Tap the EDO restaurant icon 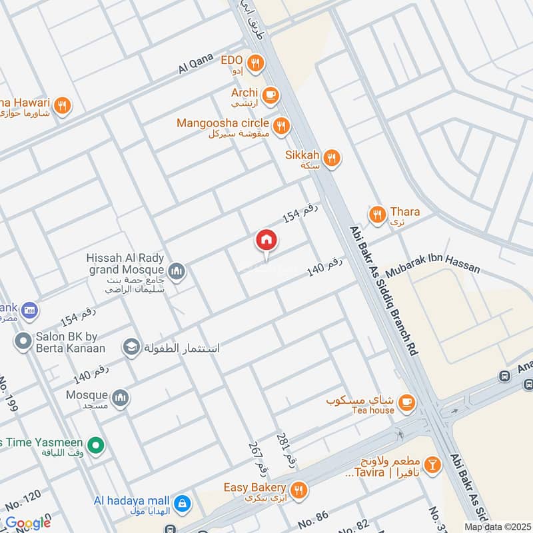[x=255, y=64]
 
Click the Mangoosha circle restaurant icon [x=281, y=125]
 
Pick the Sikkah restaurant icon [x=332, y=158]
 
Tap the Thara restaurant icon [x=377, y=215]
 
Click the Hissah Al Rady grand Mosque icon [x=177, y=270]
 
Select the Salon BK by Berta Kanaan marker [x=23, y=341]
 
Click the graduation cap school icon [x=131, y=347]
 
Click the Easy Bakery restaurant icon [x=298, y=490]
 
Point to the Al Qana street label [x=195, y=64]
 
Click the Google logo [x=27, y=522]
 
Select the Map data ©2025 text [x=497, y=526]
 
